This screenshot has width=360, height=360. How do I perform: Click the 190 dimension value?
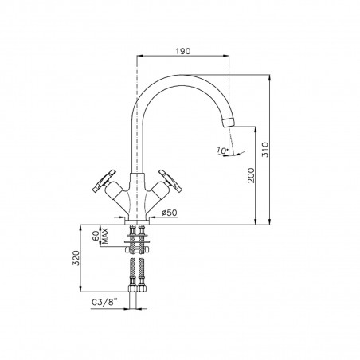click(184, 49)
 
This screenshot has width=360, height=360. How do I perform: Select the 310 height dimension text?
click(275, 145)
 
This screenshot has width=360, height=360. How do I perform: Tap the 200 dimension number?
click(251, 178)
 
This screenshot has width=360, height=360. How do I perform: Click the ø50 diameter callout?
click(170, 213)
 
